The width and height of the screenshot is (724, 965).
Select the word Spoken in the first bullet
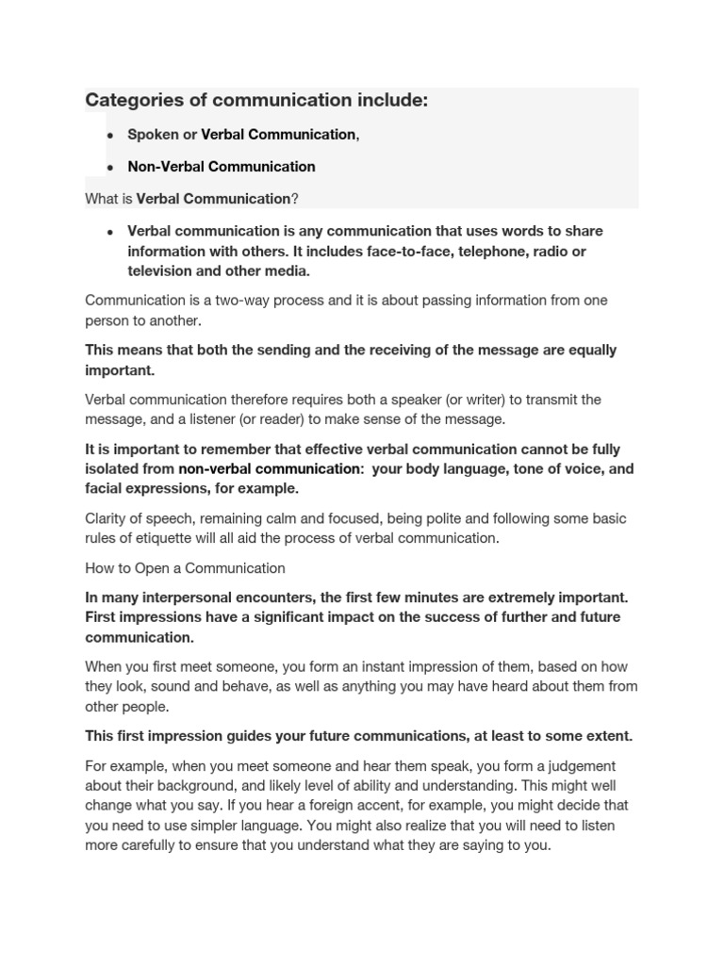[153, 135]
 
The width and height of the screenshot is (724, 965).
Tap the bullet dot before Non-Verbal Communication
[110, 168]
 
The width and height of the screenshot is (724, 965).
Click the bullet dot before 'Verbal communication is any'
[110, 232]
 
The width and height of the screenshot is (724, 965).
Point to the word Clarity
[107, 518]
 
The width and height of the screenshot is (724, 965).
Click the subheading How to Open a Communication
[185, 568]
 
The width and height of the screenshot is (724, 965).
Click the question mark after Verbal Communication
[295, 199]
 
